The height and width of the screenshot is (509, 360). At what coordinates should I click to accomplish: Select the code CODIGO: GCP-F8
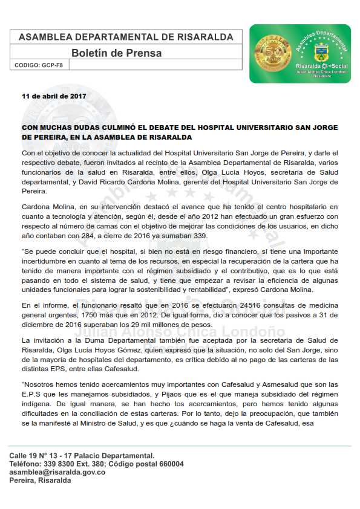tap(41, 65)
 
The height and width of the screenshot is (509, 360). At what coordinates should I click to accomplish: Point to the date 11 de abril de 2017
tap(53, 96)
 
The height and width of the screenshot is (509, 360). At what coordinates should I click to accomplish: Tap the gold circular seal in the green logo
tap(275, 53)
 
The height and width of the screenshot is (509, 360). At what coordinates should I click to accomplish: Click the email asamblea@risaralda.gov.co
tap(57, 472)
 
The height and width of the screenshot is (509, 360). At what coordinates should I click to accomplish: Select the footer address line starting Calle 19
tap(82, 455)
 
